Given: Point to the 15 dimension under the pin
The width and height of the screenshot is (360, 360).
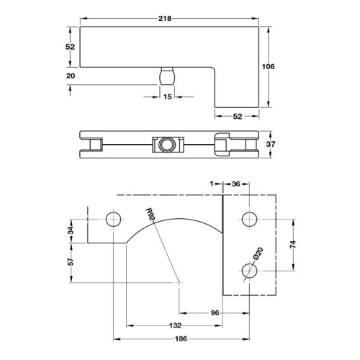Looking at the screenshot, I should pyautogui.click(x=167, y=96).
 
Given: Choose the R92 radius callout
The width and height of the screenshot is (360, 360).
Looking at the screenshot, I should pyautogui.click(x=150, y=214).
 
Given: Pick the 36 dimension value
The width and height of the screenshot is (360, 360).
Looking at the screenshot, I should pyautogui.click(x=235, y=184).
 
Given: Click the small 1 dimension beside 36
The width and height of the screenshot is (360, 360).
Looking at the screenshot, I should pyautogui.click(x=213, y=184).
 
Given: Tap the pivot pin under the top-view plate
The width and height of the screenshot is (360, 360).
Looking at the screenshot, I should pyautogui.click(x=167, y=76).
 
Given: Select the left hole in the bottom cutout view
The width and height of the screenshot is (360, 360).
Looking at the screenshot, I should pyautogui.click(x=112, y=218).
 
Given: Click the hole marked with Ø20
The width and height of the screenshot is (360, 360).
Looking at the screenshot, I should pyautogui.click(x=249, y=270).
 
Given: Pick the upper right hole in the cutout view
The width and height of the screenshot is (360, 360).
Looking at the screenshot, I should pyautogui.click(x=249, y=218).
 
